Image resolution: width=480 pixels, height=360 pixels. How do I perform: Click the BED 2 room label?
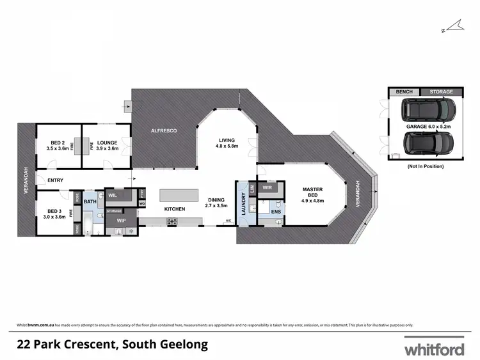[x=57, y=142]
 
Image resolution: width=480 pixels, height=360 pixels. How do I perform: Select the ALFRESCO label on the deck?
[x=163, y=130]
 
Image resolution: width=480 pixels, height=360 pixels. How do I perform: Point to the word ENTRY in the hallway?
[x=55, y=180]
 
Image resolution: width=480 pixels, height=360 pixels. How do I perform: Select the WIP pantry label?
[x=120, y=221]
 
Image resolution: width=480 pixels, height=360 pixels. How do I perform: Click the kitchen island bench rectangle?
[x=186, y=194]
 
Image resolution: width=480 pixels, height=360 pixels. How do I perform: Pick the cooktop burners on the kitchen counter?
[x=172, y=221]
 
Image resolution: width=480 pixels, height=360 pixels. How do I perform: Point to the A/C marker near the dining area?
[x=227, y=221]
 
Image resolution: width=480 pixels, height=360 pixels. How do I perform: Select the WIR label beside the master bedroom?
[x=268, y=189]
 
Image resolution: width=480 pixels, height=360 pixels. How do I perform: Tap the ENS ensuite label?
[x=276, y=210]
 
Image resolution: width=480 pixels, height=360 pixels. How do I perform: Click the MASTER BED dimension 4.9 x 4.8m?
[x=313, y=201]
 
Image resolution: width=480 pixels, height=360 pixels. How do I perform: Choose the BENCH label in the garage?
[x=404, y=92]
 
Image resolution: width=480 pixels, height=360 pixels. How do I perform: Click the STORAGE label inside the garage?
[x=440, y=92]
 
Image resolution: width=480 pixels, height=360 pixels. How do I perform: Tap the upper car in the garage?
[x=428, y=111]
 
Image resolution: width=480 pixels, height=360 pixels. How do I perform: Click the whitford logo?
[x=435, y=349]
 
